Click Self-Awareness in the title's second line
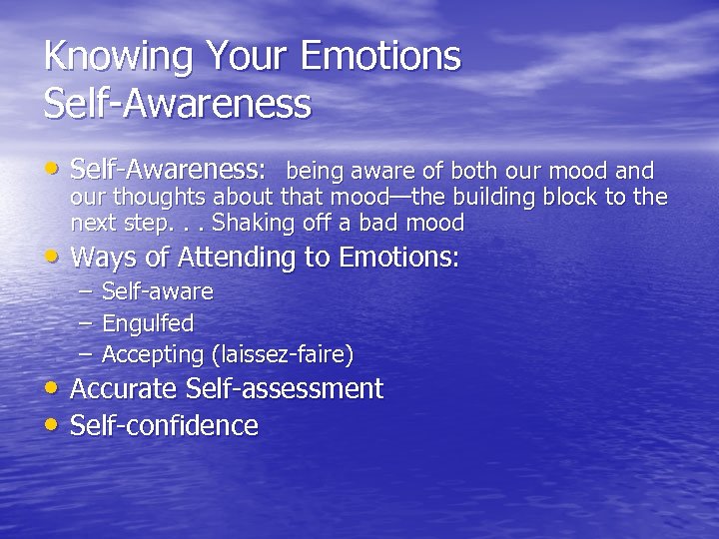pos(178,104)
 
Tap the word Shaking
pos(250,222)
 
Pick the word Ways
pos(103,258)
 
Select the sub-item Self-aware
pos(158,291)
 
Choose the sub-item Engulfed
pos(148,323)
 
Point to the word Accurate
pos(123,388)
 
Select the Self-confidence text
pos(164,426)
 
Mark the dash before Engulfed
pos(84,323)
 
